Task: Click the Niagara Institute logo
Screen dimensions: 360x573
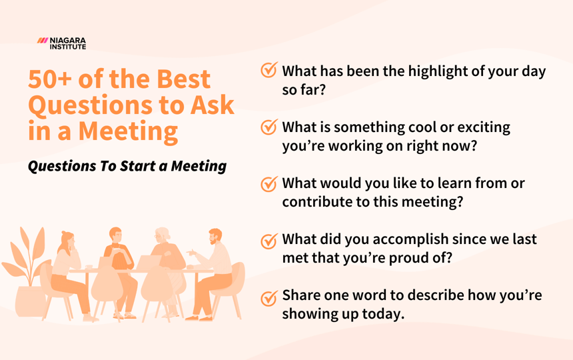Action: (62, 43)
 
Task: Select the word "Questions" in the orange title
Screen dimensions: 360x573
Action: (89, 105)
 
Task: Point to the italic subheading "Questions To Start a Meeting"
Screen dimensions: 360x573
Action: (127, 166)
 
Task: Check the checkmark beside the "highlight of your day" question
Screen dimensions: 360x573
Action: (269, 71)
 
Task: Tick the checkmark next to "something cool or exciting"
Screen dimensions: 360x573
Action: (269, 127)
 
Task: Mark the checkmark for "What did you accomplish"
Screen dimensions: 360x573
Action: (269, 241)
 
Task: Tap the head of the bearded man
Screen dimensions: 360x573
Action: (215, 238)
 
